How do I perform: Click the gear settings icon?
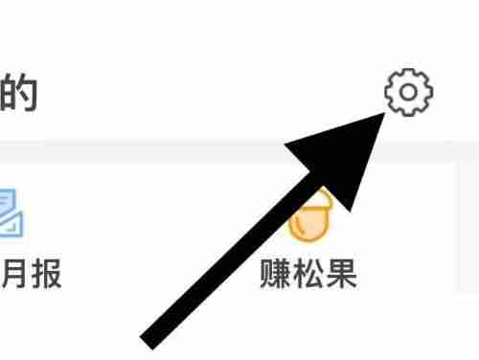(408, 93)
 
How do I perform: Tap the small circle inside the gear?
(408, 93)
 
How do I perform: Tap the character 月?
(17, 275)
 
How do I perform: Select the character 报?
(45, 275)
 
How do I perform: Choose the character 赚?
(276, 275)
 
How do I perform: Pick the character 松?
(308, 275)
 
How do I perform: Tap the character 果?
(341, 275)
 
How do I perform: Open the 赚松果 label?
(308, 275)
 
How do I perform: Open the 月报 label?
(31, 275)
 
